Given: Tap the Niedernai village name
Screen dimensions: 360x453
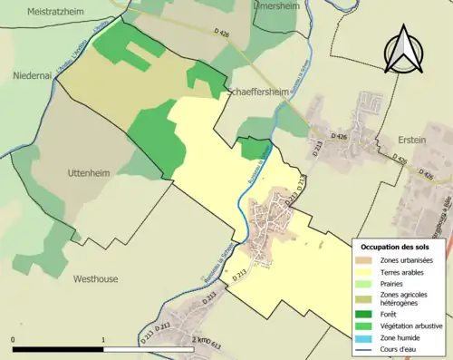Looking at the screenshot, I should tap(33, 76).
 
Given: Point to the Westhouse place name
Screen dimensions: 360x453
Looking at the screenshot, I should tap(95, 279).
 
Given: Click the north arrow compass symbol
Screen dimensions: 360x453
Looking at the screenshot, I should tap(403, 50).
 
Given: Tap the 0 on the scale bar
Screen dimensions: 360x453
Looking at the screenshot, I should tap(14, 339).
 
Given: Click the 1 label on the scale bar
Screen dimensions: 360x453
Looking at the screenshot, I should tap(104, 339).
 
